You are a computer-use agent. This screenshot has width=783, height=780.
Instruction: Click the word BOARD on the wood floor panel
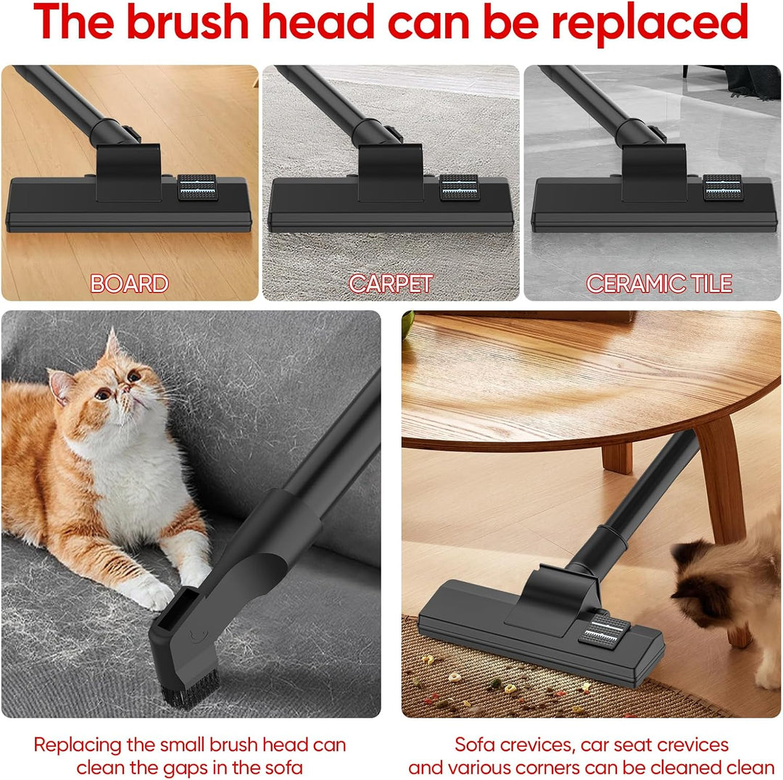point(129,284)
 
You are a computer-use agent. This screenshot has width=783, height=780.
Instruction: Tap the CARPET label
point(391,284)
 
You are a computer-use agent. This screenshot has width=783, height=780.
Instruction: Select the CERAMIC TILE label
point(659,284)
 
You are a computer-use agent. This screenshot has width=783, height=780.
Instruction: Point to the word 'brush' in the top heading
point(187,22)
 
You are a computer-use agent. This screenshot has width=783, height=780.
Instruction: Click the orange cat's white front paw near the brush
point(150,592)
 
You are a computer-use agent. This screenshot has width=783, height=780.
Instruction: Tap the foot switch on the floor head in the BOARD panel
point(198,188)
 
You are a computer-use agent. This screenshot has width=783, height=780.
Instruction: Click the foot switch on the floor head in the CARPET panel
point(460,188)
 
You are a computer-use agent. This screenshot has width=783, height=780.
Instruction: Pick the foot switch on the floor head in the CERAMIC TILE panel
point(723,188)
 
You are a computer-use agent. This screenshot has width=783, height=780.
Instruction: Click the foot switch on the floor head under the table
point(602,629)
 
